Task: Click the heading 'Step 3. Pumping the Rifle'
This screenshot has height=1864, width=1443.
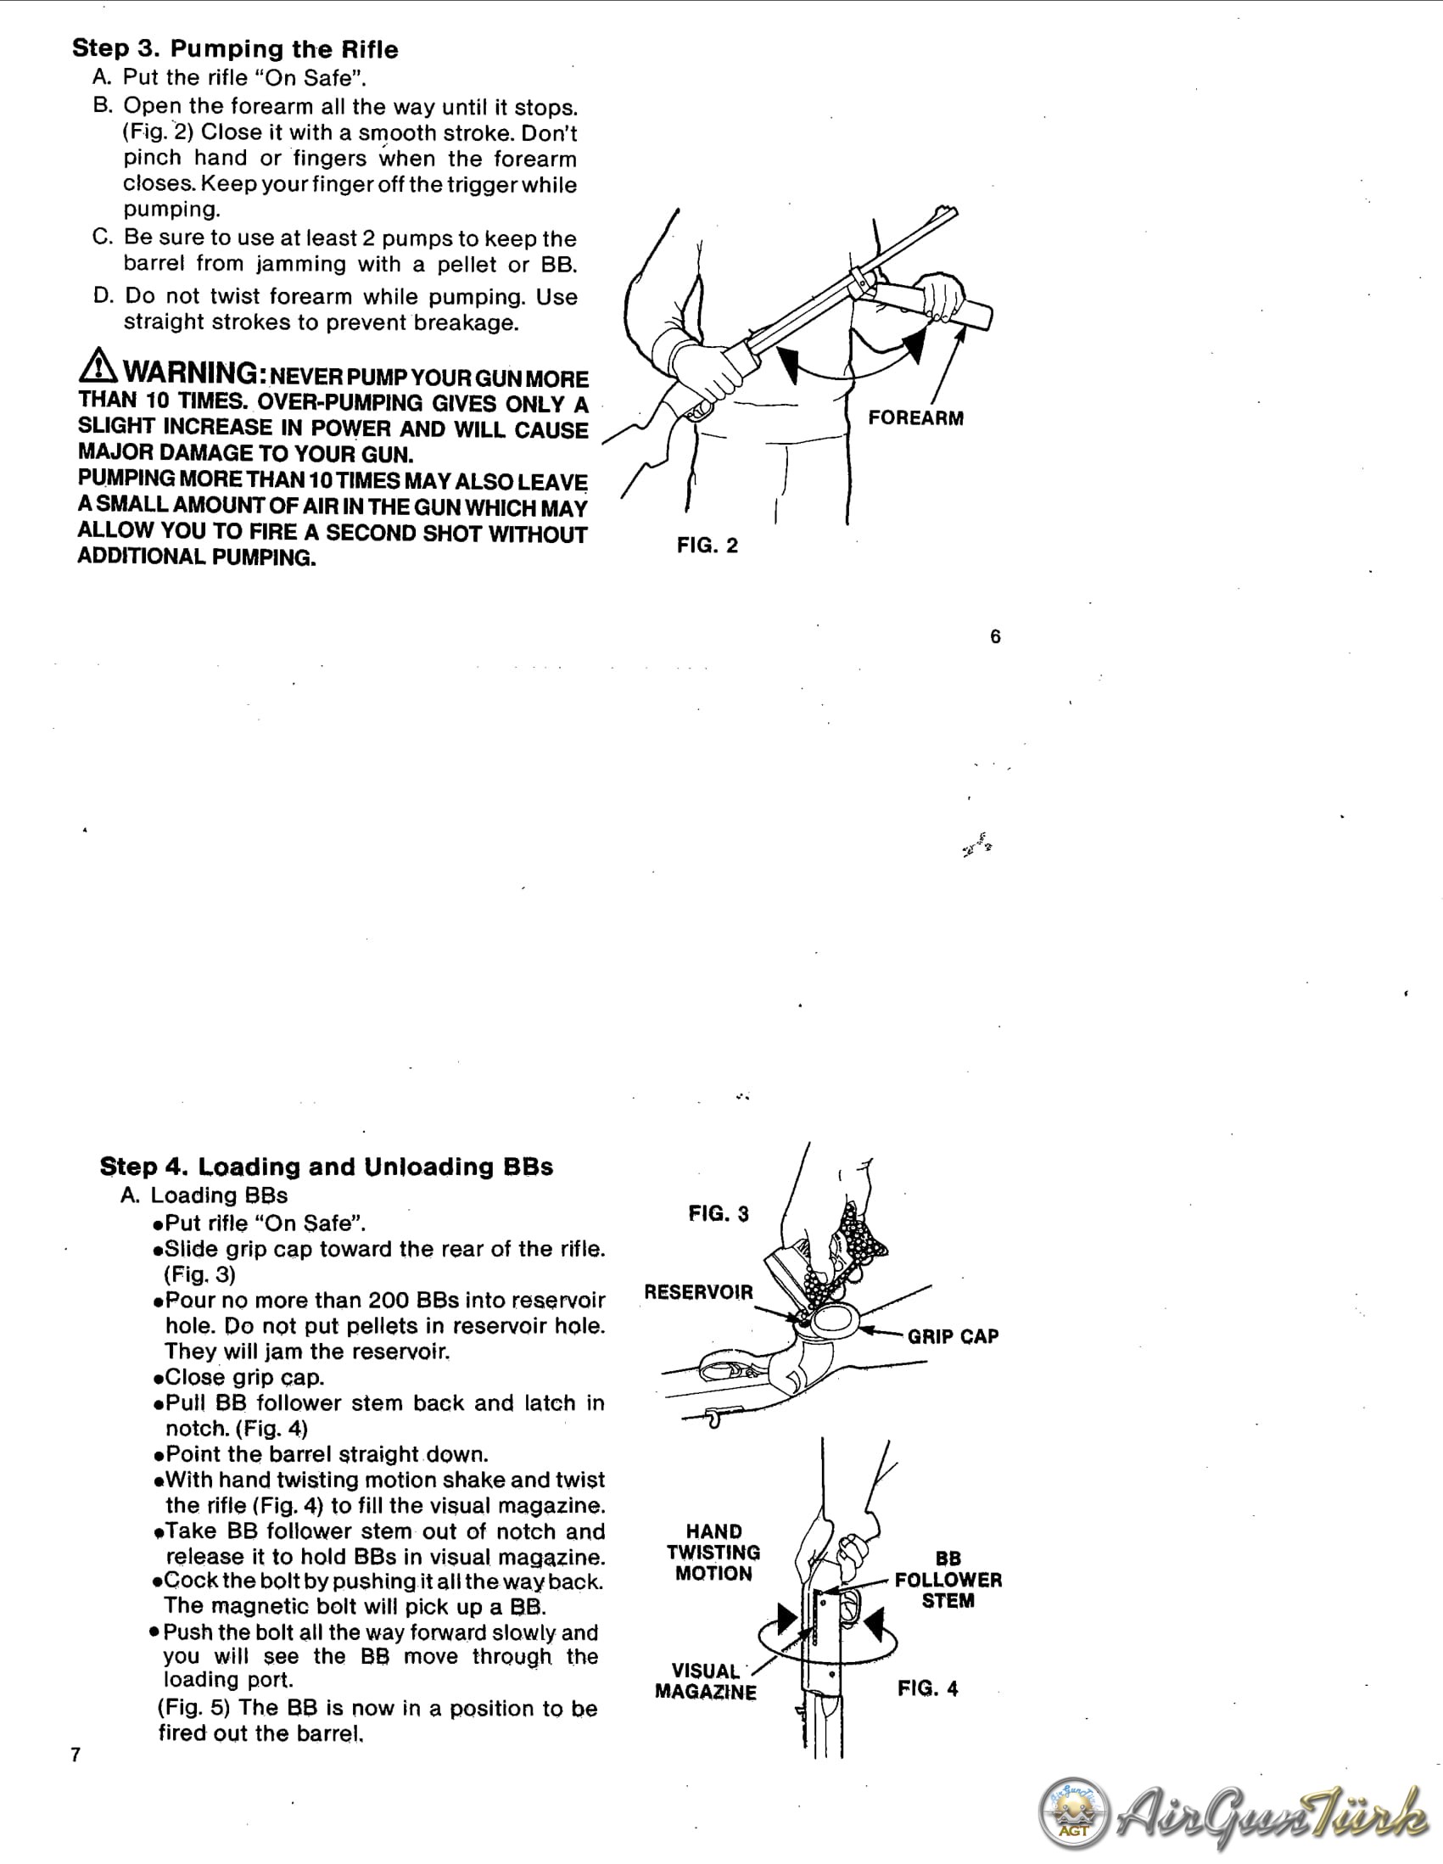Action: (x=235, y=48)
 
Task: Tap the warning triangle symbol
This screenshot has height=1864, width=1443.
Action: (x=98, y=367)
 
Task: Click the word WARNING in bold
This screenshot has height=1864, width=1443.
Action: (x=190, y=373)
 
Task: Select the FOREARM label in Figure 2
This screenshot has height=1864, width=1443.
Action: (x=915, y=418)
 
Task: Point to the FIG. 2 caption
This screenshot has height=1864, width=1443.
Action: (x=708, y=546)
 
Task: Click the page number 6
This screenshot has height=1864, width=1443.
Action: (x=995, y=636)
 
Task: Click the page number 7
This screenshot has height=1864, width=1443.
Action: (x=76, y=1755)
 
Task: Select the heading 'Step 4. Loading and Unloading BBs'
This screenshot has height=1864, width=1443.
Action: (x=326, y=1167)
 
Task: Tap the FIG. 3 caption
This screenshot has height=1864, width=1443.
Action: (x=719, y=1213)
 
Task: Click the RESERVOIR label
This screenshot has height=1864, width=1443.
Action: (x=698, y=1292)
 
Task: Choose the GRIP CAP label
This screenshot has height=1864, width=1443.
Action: (x=954, y=1336)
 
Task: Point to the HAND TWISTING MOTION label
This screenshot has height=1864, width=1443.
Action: (x=713, y=1553)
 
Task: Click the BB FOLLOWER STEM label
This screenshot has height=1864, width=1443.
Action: (x=948, y=1580)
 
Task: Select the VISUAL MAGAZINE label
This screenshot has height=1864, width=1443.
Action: (x=706, y=1682)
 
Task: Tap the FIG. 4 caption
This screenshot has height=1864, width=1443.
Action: (x=927, y=1688)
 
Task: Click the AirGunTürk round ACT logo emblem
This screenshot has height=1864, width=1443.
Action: (x=1073, y=1813)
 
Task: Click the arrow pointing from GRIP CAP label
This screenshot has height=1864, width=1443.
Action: (x=881, y=1331)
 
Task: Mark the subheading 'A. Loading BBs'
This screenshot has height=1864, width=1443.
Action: (x=204, y=1195)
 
